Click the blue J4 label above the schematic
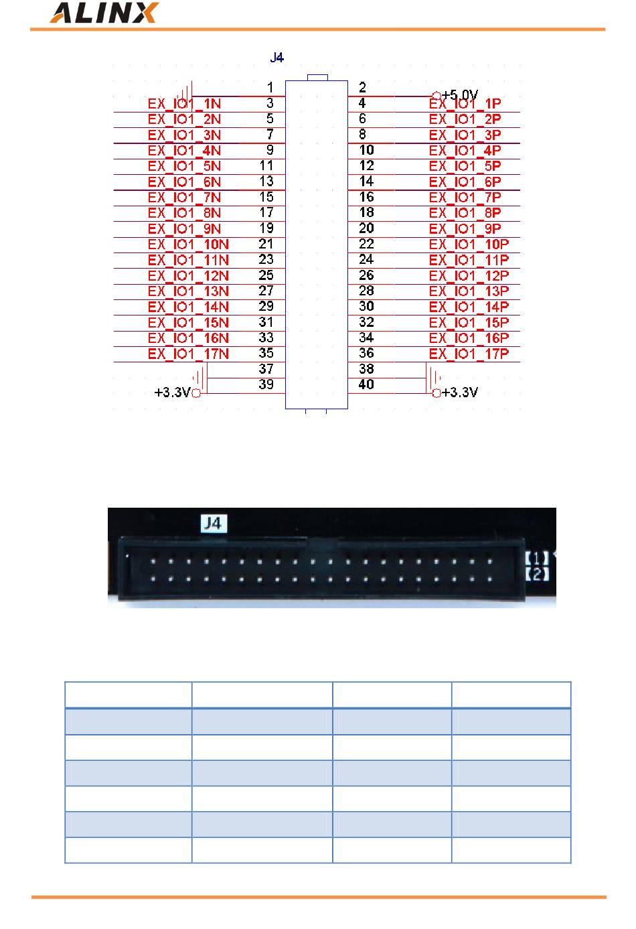(x=276, y=58)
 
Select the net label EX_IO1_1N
(x=184, y=104)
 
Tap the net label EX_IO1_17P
(x=469, y=354)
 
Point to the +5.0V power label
(x=460, y=95)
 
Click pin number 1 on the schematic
(x=270, y=87)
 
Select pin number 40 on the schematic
(x=366, y=384)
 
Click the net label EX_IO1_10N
(x=188, y=244)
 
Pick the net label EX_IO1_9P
(x=465, y=229)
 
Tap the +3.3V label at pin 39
(x=173, y=392)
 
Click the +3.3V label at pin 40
(x=460, y=392)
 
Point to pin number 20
(x=366, y=228)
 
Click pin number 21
(x=266, y=244)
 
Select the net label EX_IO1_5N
(x=184, y=166)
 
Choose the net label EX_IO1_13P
(x=469, y=291)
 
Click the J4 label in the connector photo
(x=212, y=523)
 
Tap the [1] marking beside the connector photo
(x=537, y=558)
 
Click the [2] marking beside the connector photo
(x=537, y=574)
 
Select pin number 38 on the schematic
(x=366, y=369)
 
